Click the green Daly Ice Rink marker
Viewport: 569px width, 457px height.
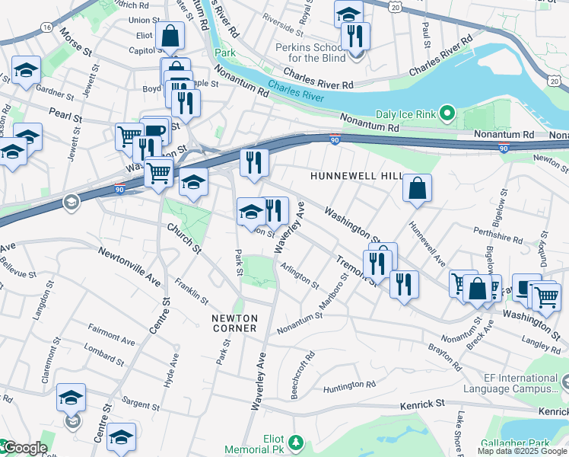pyautogui.click(x=448, y=116)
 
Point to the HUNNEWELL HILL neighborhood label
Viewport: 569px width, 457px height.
pyautogui.click(x=356, y=176)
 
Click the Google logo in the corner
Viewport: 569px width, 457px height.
pyautogui.click(x=24, y=448)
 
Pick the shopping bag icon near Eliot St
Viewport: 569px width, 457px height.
pyautogui.click(x=170, y=35)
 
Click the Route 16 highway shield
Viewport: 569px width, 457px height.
pyautogui.click(x=47, y=27)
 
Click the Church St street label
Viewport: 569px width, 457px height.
pyautogui.click(x=183, y=238)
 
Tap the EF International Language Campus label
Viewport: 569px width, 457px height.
pyautogui.click(x=520, y=384)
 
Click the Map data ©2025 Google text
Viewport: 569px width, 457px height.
pyautogui.click(x=522, y=451)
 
